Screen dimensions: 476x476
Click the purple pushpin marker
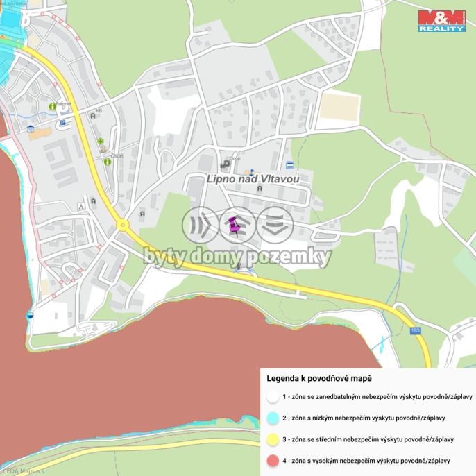coord(234,225)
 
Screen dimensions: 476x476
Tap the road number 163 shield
coord(415,331)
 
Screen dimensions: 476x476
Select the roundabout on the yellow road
coord(123,225)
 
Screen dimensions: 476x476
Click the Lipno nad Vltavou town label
coord(253,179)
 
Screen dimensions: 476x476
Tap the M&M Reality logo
coord(442,21)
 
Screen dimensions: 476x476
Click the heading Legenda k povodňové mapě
coord(319,378)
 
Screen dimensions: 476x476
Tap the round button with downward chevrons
coord(275,225)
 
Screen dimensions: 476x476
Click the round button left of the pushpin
coord(200,225)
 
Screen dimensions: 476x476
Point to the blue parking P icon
coord(62,123)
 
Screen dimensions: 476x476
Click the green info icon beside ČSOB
coord(108,162)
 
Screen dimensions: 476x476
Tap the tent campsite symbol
coord(82,205)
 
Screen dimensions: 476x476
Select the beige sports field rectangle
coord(339,108)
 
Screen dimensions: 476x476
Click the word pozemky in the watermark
coord(292,257)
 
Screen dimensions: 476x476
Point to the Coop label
coord(235,157)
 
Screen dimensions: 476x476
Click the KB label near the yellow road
coord(99,110)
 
